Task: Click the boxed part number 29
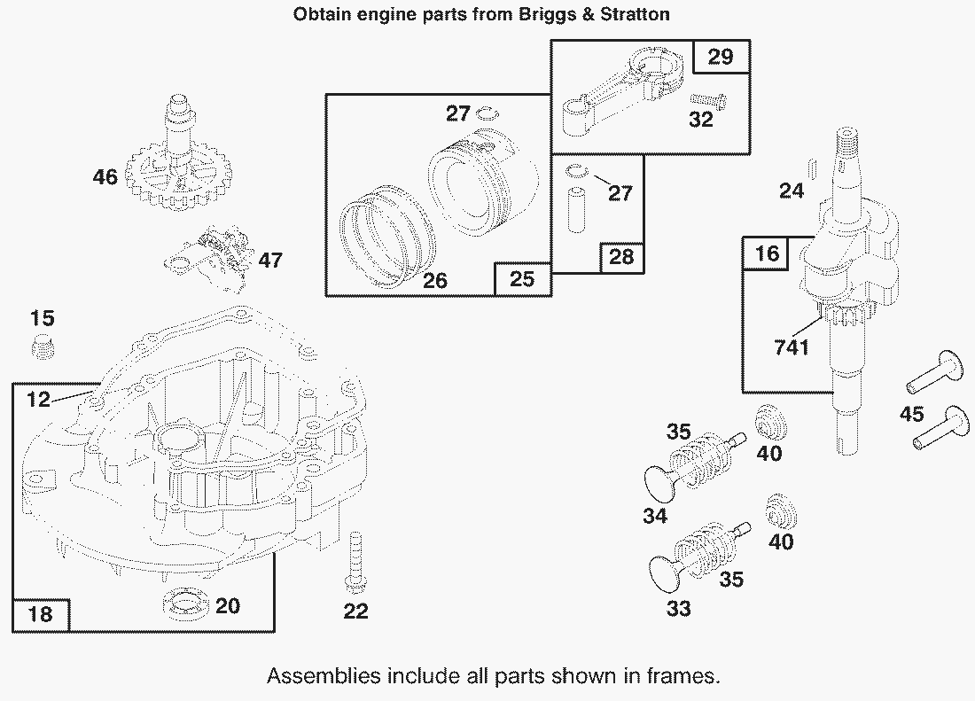tap(721, 57)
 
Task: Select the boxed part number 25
tap(523, 279)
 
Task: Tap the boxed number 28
tap(621, 257)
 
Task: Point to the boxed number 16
tap(767, 254)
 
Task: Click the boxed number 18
tap(41, 612)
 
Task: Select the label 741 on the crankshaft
tap(792, 347)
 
